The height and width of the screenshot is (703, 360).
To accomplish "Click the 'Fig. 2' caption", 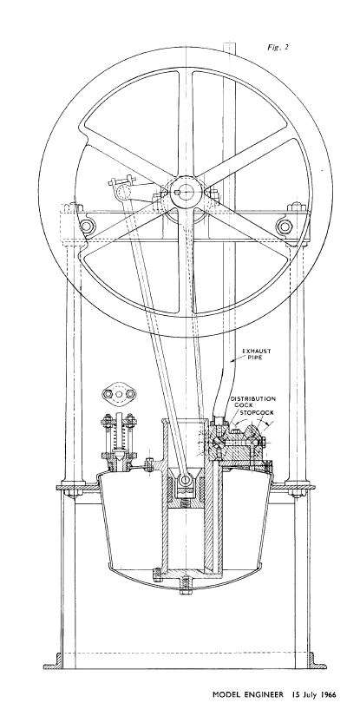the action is pyautogui.click(x=278, y=47).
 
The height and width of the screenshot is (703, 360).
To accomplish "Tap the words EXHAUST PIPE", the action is pyautogui.click(x=257, y=354).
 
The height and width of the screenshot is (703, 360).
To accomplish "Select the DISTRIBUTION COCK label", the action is pyautogui.click(x=252, y=401).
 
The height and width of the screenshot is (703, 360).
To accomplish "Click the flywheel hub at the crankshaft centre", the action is pyautogui.click(x=186, y=193).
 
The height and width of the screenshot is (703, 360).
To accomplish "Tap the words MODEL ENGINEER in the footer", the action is pyautogui.click(x=248, y=694).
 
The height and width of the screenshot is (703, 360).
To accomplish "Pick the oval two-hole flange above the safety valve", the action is pyautogui.click(x=119, y=394).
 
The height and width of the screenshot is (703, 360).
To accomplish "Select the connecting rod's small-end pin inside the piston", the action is pyautogui.click(x=186, y=481).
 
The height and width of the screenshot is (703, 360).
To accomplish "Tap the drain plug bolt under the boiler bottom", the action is pyautogui.click(x=186, y=585).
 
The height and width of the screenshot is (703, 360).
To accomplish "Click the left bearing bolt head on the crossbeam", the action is pyautogui.click(x=86, y=226).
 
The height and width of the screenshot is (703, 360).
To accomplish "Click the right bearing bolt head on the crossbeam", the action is pyautogui.click(x=285, y=226).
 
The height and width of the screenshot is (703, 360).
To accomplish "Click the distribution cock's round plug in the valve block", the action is pyautogui.click(x=217, y=441).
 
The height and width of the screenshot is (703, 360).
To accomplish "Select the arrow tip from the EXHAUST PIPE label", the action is pyautogui.click(x=232, y=360).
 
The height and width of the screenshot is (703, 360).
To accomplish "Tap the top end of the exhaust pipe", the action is pyautogui.click(x=230, y=43).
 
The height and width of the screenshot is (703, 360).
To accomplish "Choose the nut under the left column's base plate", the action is pyautogui.click(x=73, y=493).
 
